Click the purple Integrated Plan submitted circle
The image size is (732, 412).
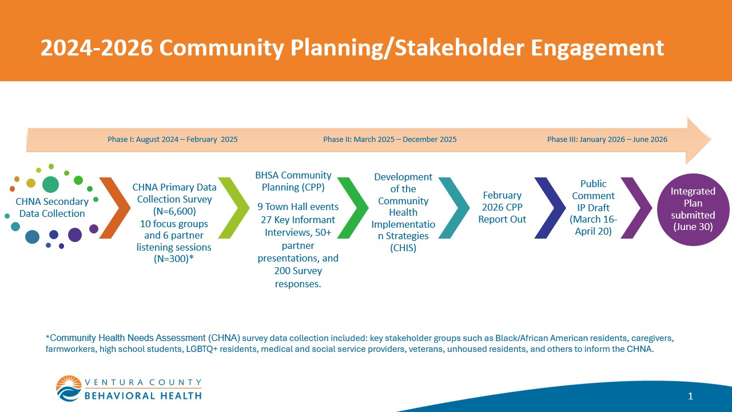tap(693, 209)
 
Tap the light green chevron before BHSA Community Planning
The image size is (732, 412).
tap(234, 208)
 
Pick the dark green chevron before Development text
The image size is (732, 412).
tap(353, 208)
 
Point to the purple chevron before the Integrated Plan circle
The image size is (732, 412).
tap(636, 208)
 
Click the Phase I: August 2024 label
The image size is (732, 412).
tap(172, 140)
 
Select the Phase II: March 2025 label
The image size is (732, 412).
tap(389, 140)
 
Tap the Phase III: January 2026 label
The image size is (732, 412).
tap(607, 140)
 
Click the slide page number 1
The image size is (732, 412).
tap(690, 396)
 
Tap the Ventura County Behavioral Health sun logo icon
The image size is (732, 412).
tap(69, 389)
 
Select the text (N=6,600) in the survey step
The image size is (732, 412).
tap(174, 211)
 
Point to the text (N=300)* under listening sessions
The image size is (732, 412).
tap(174, 259)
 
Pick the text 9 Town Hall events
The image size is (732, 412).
tap(298, 207)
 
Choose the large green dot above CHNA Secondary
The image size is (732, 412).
tap(50, 184)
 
